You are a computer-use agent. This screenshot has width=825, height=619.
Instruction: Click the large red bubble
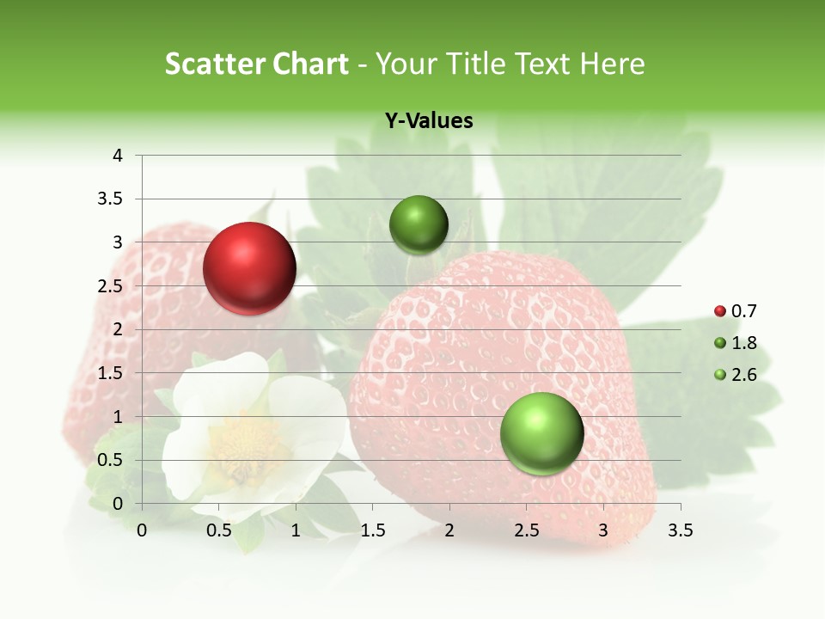click(249, 268)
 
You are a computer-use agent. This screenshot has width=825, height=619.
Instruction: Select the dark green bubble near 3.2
click(419, 224)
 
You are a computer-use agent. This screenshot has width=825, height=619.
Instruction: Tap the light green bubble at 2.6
click(541, 433)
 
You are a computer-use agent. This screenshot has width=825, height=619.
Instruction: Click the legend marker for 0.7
click(720, 311)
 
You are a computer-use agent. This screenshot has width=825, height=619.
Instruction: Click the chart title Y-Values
click(429, 121)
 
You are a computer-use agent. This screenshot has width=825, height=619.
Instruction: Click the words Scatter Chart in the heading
click(256, 64)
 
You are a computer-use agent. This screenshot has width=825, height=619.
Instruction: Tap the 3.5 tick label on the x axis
click(680, 531)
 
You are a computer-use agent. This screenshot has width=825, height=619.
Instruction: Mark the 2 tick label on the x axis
click(449, 531)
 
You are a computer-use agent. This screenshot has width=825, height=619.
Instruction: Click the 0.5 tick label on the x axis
click(219, 531)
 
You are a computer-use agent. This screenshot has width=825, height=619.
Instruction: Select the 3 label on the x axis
click(603, 531)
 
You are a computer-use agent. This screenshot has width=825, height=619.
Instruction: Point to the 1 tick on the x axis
click(296, 531)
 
